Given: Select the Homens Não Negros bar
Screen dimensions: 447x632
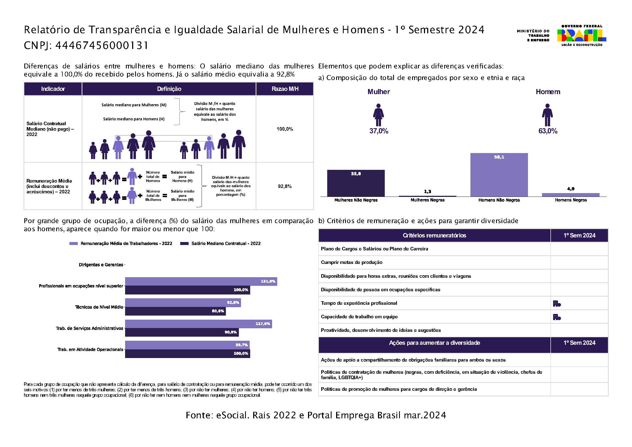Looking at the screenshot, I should coord(499,175).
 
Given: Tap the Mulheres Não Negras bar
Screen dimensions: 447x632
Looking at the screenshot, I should coord(356,183).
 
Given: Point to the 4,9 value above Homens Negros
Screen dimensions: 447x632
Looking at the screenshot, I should coord(571,189).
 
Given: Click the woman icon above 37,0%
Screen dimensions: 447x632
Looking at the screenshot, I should coord(379,115).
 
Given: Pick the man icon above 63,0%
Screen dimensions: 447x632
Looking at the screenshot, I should coord(547,115).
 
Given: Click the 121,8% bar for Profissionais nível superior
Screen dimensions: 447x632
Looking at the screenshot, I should coord(201,281).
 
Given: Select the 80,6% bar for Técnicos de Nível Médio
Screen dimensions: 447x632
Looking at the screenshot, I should coord(175,311).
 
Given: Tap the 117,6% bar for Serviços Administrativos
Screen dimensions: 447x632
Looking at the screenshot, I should coord(198,324).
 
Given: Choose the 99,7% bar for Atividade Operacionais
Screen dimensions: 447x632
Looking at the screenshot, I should coord(187,345).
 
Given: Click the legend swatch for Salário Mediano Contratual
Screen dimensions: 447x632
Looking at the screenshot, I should coord(184,243).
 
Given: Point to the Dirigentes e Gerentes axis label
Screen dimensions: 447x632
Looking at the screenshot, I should coord(101,265).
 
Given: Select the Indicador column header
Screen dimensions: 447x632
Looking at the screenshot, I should coord(53,89).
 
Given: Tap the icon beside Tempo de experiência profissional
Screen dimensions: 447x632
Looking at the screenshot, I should coord(557,303).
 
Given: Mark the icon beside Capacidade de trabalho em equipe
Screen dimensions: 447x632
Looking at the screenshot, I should coord(557,317).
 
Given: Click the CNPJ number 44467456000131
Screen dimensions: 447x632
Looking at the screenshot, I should coord(102,45).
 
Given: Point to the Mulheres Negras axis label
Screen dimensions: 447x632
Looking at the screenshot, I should coord(427,200).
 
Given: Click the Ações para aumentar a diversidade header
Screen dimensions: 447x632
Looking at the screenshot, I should coord(434,343).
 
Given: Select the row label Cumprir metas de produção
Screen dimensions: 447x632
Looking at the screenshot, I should coord(352,262).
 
